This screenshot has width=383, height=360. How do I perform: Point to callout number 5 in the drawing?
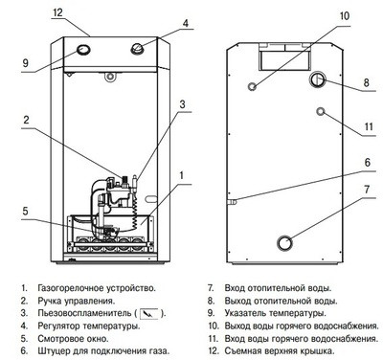27,211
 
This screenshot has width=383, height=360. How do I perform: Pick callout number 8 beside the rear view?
365,84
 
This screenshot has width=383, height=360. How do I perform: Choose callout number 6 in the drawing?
366,163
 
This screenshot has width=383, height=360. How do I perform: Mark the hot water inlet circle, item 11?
325,112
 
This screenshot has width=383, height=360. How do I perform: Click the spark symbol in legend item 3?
148,313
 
